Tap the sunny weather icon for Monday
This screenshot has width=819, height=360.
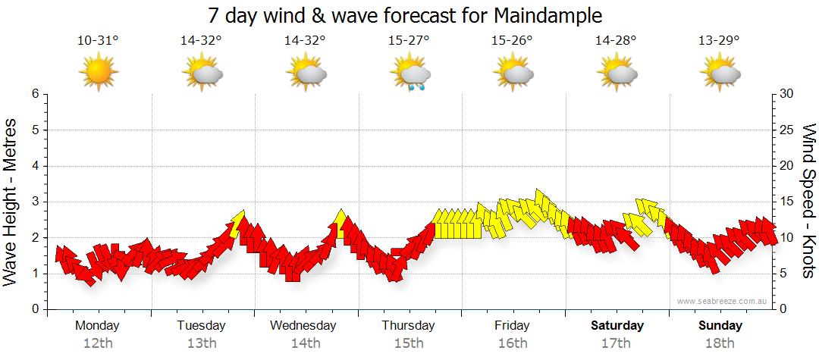[99, 74]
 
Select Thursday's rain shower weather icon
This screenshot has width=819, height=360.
[410, 74]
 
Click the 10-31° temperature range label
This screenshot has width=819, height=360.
[98, 41]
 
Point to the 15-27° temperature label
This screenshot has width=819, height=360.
[409, 41]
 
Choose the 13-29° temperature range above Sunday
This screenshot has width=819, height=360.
[719, 41]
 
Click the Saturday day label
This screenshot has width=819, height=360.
[617, 326]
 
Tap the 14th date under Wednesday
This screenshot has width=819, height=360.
[306, 343]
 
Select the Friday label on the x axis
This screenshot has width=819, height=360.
[513, 326]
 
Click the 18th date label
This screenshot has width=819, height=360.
[720, 343]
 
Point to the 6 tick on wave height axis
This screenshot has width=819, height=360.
[34, 94]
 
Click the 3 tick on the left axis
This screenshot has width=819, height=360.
[34, 202]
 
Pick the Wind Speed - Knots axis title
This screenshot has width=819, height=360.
[808, 201]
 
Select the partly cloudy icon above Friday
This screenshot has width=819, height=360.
[513, 74]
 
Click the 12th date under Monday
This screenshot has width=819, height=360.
[98, 343]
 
